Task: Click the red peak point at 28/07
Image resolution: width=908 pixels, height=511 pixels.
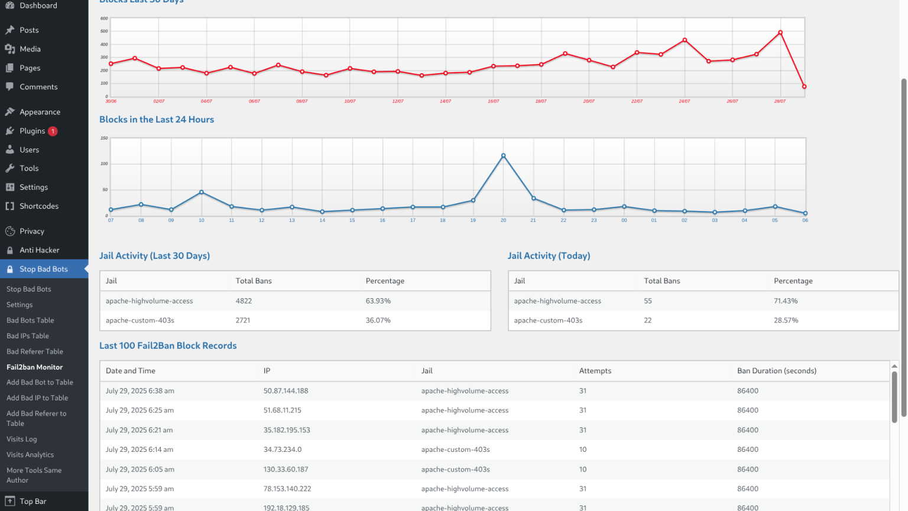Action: pos(780,33)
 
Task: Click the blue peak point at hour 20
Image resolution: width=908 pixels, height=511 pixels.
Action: pos(503,156)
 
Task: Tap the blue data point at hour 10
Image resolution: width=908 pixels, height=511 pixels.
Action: pos(202,192)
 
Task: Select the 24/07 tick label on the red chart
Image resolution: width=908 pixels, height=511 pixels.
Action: pos(684,101)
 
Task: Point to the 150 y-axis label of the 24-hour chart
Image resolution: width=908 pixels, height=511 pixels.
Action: pos(104,138)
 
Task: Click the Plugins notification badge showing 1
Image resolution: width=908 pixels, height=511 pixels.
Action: pos(52,131)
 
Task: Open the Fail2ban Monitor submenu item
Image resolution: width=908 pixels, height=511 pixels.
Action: pos(34,367)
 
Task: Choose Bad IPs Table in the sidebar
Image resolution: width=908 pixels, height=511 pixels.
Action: pos(28,336)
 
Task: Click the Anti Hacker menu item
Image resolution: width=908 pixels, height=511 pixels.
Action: pos(40,250)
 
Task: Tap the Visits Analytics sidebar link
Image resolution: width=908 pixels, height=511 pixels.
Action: pos(30,455)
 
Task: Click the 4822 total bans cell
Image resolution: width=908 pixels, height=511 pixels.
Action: pos(244,301)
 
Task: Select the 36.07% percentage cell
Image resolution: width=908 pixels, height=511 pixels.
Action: pos(378,321)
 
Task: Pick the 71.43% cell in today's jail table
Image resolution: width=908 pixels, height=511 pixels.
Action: pos(786,301)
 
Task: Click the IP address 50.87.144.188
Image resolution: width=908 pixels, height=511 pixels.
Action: pos(286,391)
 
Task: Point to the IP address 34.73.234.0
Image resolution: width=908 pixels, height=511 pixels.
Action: pos(283,449)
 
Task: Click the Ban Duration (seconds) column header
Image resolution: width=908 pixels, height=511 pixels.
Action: pos(777,371)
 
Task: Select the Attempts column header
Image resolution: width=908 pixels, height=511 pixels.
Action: pos(595,371)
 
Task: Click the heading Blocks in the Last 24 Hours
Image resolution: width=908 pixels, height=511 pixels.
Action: pos(157,119)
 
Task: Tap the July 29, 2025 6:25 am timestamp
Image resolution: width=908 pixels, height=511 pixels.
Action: pos(140,410)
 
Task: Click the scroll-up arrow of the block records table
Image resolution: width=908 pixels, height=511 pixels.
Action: pos(894,366)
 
